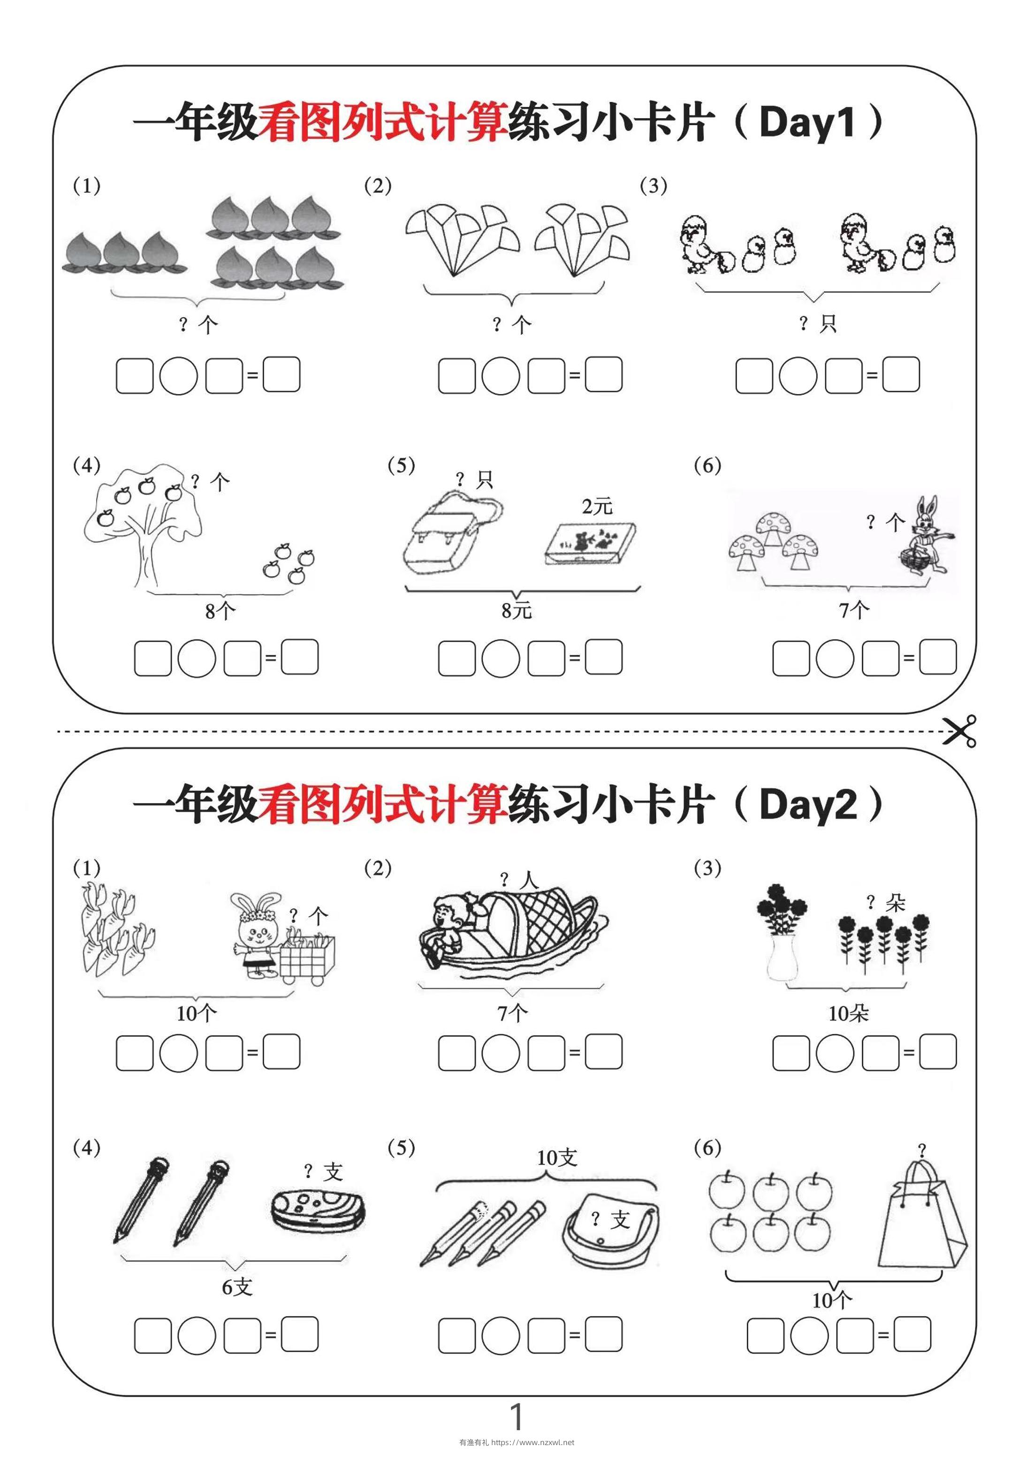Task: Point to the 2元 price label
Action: click(x=597, y=506)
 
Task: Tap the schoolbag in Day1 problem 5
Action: click(x=447, y=535)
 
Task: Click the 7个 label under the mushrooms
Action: click(x=853, y=611)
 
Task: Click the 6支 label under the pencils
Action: click(x=237, y=1287)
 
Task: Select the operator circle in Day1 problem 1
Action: click(x=178, y=376)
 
